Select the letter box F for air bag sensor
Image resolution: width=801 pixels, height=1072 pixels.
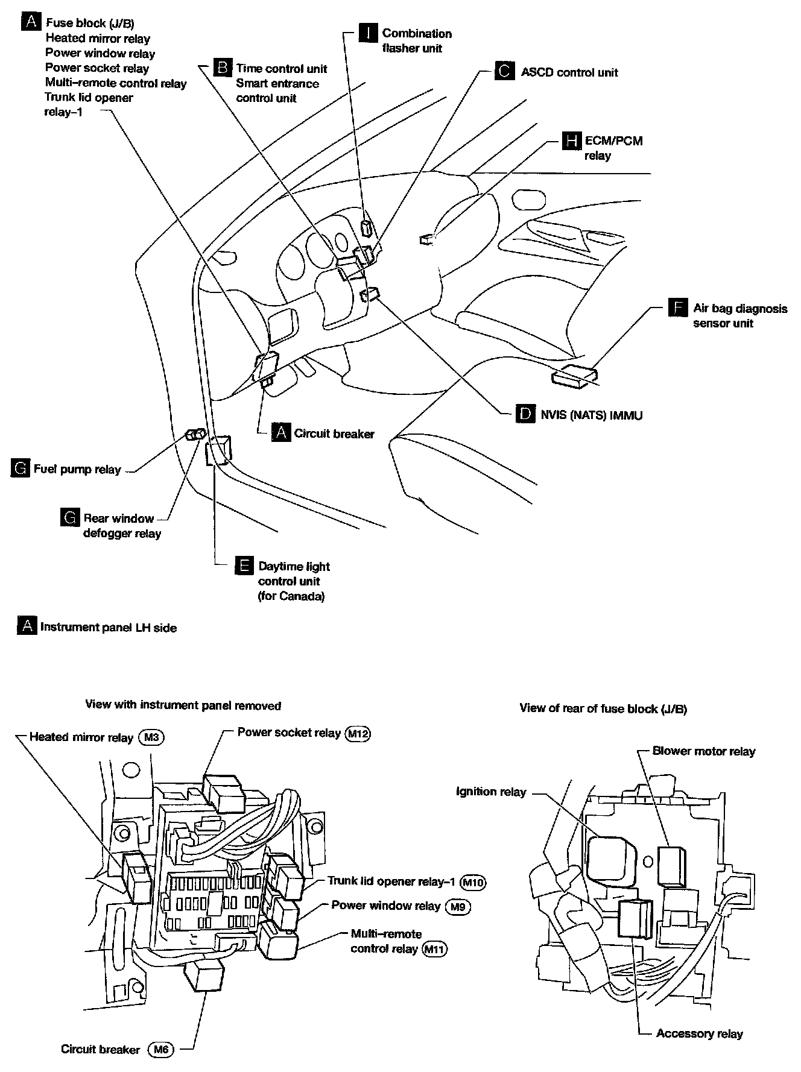click(678, 308)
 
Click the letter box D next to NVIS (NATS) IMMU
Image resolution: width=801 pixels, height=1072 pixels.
click(525, 414)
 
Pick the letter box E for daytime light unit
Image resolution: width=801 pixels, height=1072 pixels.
click(244, 566)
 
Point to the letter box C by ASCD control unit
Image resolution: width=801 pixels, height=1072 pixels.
click(504, 72)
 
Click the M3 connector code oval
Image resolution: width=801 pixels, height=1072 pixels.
click(151, 737)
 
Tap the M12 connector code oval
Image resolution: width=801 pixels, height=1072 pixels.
click(358, 733)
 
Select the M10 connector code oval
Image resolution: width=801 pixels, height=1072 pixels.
click(473, 882)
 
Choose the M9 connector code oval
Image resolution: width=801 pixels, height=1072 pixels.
click(458, 906)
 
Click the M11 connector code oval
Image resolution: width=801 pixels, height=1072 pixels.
click(435, 950)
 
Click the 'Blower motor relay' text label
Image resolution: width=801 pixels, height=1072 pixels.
click(703, 751)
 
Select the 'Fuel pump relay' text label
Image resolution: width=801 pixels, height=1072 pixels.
click(77, 469)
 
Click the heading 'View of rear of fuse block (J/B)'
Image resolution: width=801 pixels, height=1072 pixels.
click(603, 708)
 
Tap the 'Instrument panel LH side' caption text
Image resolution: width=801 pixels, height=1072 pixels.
click(108, 627)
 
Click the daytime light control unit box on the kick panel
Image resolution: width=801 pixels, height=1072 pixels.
click(218, 450)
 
